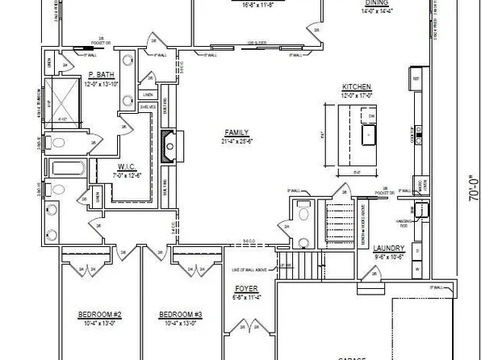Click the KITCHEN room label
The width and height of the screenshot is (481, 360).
(x=356, y=86)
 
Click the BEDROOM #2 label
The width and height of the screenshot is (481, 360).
(x=100, y=314)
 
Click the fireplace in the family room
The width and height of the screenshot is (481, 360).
(x=168, y=145)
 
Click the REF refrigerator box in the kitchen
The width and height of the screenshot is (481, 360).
(x=416, y=79)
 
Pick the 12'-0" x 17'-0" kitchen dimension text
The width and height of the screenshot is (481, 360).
(x=356, y=94)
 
